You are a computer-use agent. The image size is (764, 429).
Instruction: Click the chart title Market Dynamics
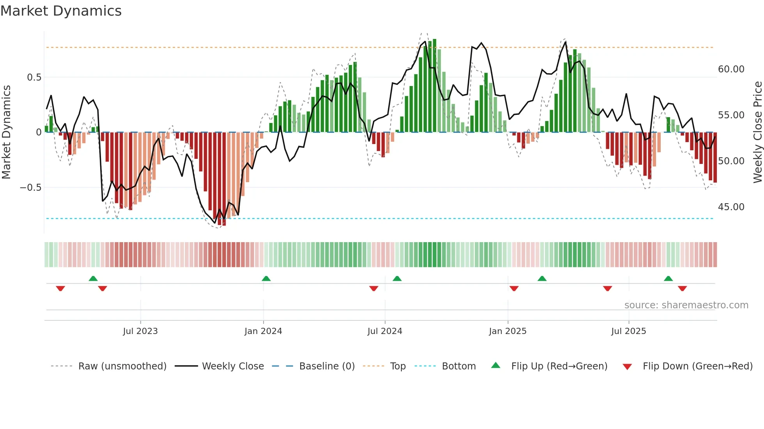tap(61, 11)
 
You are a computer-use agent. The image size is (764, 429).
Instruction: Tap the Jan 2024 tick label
tap(263, 331)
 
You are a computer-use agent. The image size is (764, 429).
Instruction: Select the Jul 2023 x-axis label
tap(140, 331)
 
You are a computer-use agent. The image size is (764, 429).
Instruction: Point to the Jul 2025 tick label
tap(628, 331)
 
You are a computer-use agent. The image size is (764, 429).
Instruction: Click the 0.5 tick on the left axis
tap(34, 77)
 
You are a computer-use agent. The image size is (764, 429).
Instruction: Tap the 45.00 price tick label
tap(731, 207)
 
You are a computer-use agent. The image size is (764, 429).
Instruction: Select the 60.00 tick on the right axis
tap(731, 69)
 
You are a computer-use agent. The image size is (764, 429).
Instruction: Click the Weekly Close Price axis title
tap(757, 132)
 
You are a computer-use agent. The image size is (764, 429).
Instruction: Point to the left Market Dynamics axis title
tap(6, 132)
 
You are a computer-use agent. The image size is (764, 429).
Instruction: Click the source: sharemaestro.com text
tap(686, 305)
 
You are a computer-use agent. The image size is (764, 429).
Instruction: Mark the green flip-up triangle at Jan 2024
tap(266, 279)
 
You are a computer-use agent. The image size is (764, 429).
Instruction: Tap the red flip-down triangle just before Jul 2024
tap(373, 288)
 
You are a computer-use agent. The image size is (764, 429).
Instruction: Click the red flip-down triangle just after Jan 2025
tap(514, 288)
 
